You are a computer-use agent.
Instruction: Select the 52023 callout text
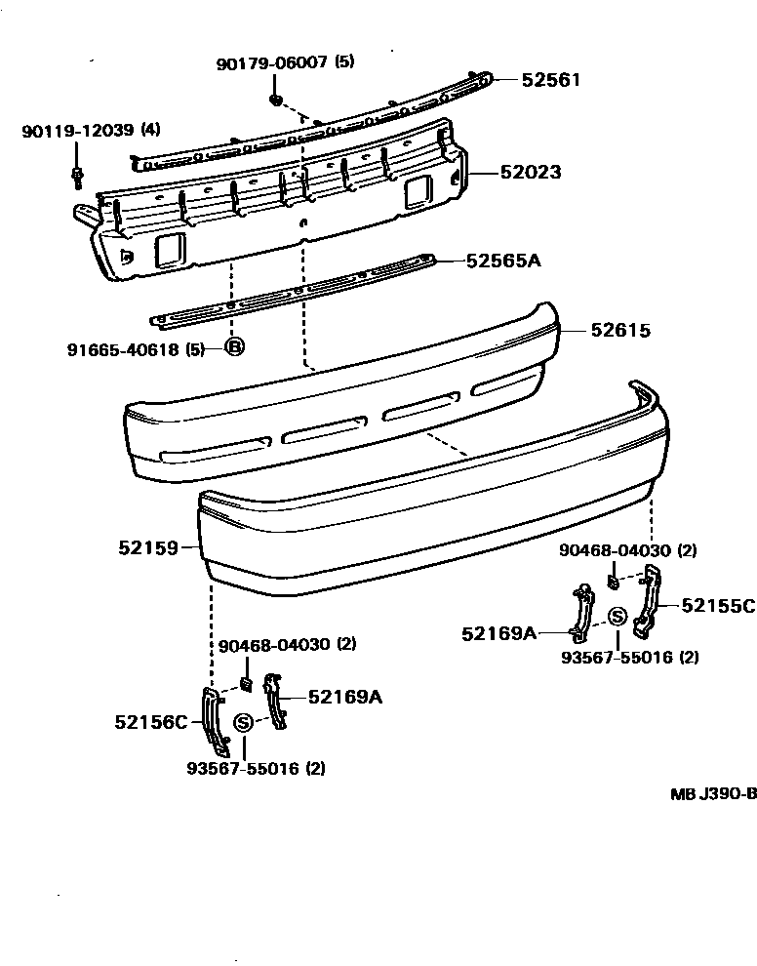pos(531,173)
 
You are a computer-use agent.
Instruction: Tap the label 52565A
pos(502,261)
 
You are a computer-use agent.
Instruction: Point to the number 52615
pos(619,331)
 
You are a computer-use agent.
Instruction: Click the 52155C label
pos(718,606)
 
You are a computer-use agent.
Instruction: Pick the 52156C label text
pos(151,722)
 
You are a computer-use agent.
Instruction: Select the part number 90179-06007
pos(272,62)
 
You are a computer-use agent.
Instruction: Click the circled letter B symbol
pos(234,346)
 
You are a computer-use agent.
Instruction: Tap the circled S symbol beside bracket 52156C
pos(244,722)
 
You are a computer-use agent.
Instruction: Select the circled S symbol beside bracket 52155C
pos(618,616)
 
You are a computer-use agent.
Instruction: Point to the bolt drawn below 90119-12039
pos(78,177)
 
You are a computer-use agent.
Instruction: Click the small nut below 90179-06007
pos(276,100)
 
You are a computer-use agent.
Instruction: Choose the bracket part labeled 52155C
pos(647,604)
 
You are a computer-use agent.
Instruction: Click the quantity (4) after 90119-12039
pos(151,130)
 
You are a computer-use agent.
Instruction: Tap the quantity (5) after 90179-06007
pos(344,62)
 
